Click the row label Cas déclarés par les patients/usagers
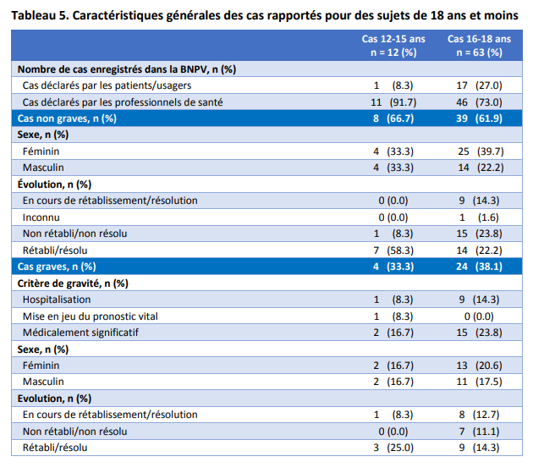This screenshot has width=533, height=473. (x=107, y=85)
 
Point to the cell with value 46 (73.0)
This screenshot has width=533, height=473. (x=479, y=102)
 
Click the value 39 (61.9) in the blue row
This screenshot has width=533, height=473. (x=479, y=118)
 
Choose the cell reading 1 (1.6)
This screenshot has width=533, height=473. (x=479, y=217)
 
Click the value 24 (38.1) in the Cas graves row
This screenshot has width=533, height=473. (x=479, y=267)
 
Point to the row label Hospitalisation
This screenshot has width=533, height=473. (x=57, y=300)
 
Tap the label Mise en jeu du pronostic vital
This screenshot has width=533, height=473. (x=91, y=316)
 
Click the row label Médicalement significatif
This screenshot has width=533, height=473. (x=80, y=333)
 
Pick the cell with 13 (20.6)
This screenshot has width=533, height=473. (x=479, y=365)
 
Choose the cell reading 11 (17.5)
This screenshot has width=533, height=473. (x=479, y=382)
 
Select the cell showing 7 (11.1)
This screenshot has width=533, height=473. (x=479, y=431)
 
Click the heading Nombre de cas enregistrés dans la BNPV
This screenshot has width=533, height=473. (x=126, y=69)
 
